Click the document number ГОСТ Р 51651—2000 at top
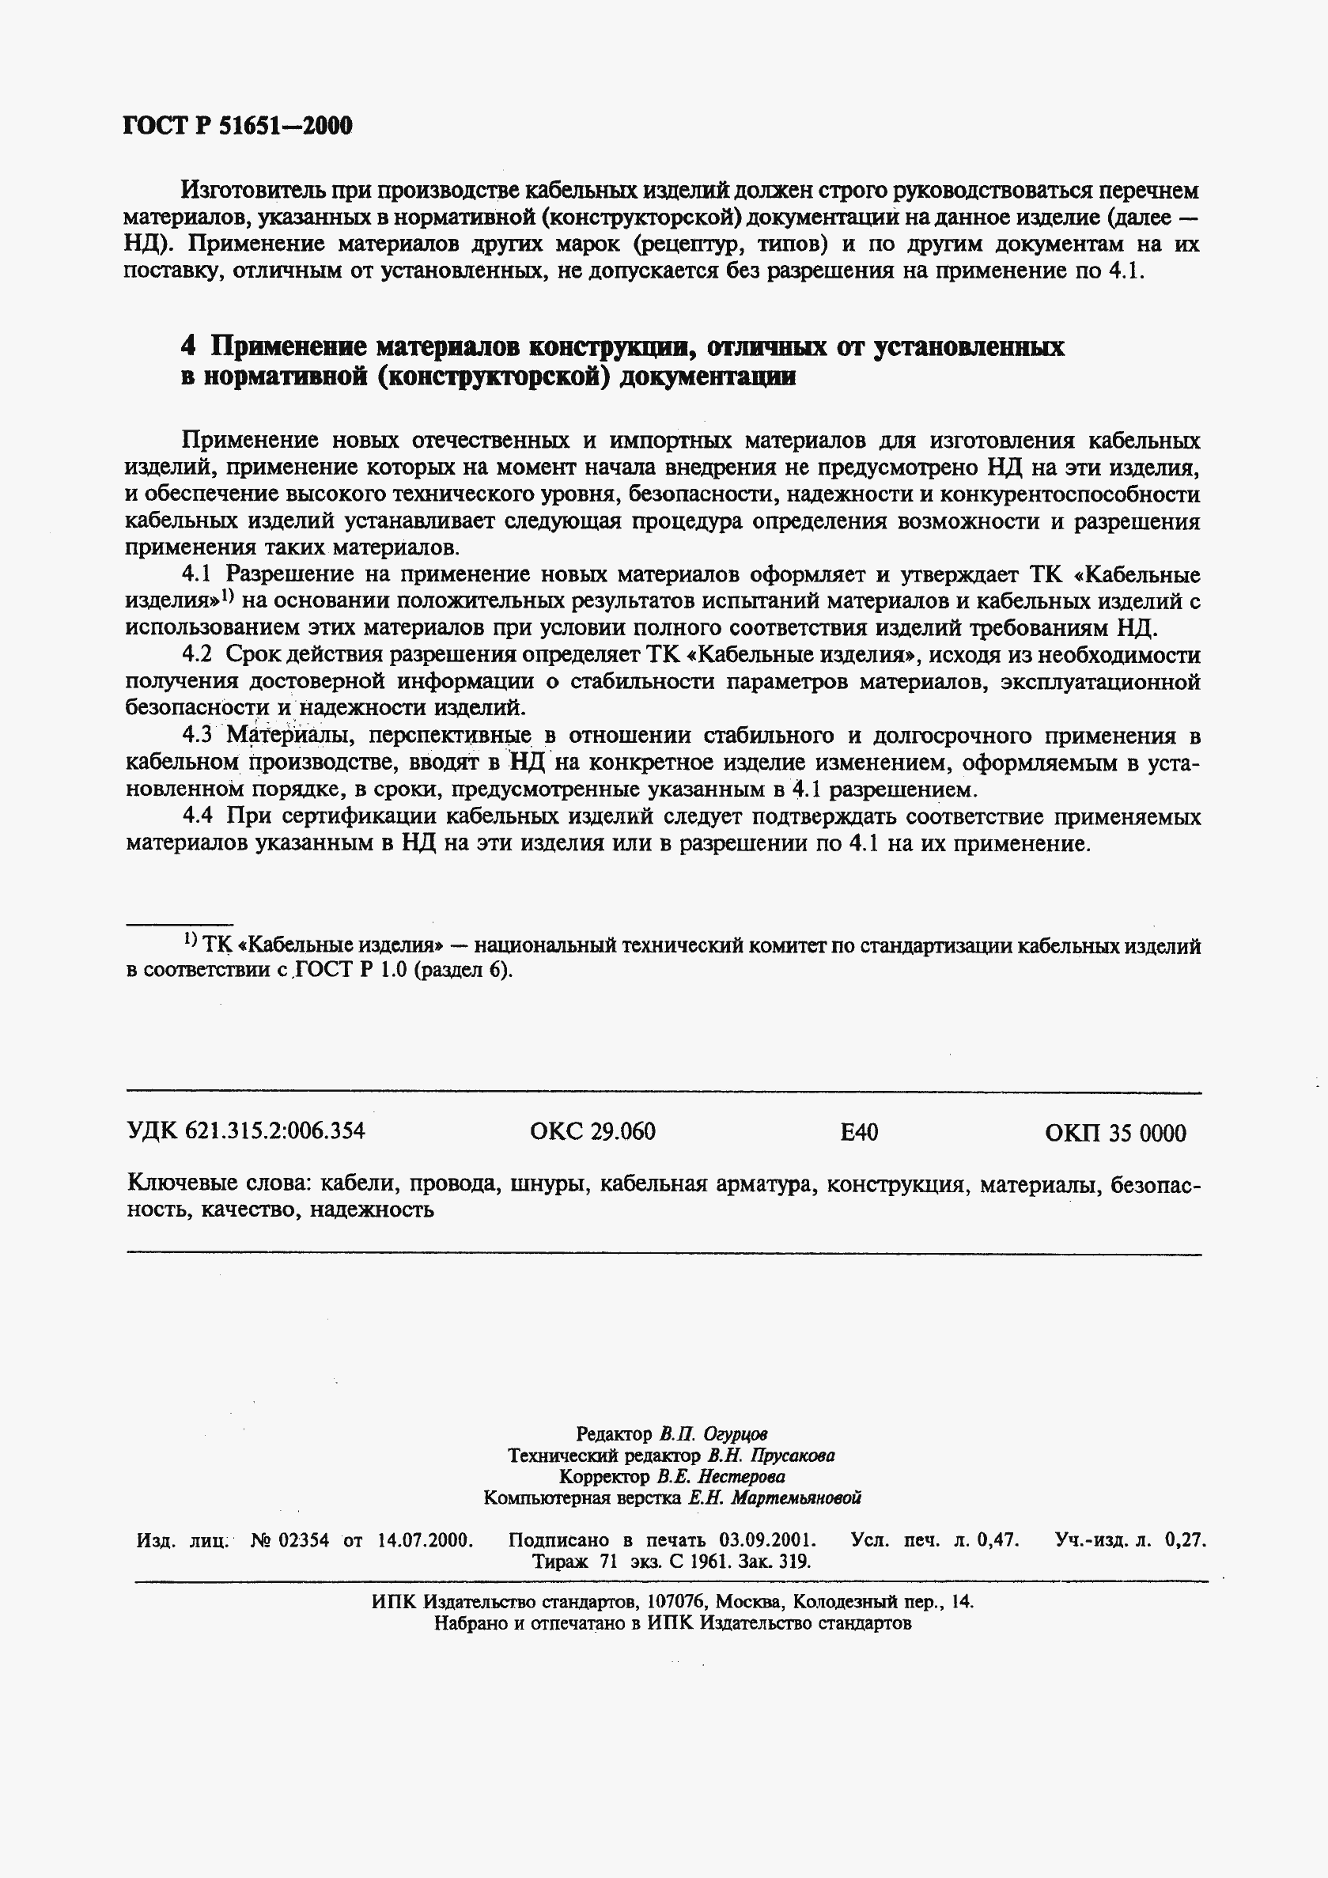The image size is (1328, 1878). (x=237, y=125)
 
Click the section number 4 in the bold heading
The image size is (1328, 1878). (x=188, y=347)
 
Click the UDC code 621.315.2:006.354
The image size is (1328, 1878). (x=274, y=1132)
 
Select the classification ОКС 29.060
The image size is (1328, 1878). (x=592, y=1132)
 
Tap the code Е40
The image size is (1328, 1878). (x=859, y=1132)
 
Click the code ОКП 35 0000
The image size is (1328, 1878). (x=1115, y=1133)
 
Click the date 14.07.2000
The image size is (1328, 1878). (x=426, y=1541)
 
